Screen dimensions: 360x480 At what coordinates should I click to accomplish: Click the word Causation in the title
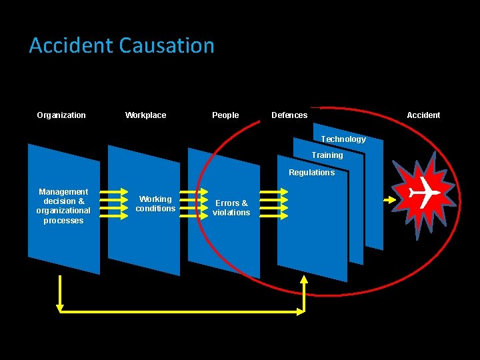[x=167, y=45]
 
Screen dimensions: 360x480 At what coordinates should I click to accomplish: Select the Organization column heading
[x=61, y=115]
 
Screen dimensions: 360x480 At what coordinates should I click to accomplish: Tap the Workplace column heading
[x=145, y=115]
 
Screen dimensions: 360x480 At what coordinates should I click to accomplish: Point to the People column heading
[x=225, y=115]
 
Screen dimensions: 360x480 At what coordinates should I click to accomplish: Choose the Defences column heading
[x=289, y=115]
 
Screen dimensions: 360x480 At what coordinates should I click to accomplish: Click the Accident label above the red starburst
[x=423, y=115]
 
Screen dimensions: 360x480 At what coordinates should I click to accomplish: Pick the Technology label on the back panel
[x=343, y=139]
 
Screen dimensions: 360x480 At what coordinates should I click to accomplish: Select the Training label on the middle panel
[x=327, y=155]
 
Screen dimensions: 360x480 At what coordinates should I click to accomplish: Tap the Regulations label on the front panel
[x=311, y=173]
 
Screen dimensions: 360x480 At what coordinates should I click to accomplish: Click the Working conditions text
[x=155, y=204]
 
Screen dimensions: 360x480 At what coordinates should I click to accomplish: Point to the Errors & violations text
[x=231, y=208]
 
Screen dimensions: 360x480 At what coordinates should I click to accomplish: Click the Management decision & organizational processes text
[x=63, y=206]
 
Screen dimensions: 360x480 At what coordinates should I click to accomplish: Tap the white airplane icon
[x=423, y=193]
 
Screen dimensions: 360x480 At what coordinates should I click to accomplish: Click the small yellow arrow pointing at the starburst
[x=389, y=199]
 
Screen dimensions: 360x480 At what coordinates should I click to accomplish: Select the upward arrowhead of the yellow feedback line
[x=304, y=281]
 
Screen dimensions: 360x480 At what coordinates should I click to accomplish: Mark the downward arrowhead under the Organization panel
[x=60, y=307]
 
